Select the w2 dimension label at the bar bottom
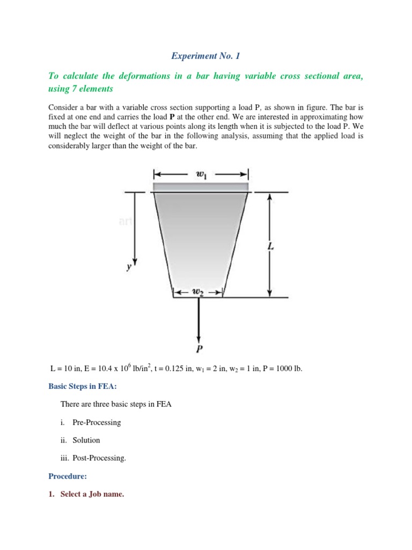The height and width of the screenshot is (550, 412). (197, 292)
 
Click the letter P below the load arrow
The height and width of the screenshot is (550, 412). (200, 349)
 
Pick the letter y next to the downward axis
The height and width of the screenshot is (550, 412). (128, 266)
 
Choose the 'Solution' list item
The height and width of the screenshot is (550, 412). (86, 440)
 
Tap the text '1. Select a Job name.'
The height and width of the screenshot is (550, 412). (86, 494)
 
